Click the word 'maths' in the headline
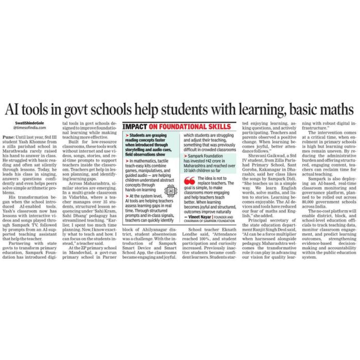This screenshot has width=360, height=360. tap(334, 110)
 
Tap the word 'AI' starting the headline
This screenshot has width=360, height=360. tap(14, 110)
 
